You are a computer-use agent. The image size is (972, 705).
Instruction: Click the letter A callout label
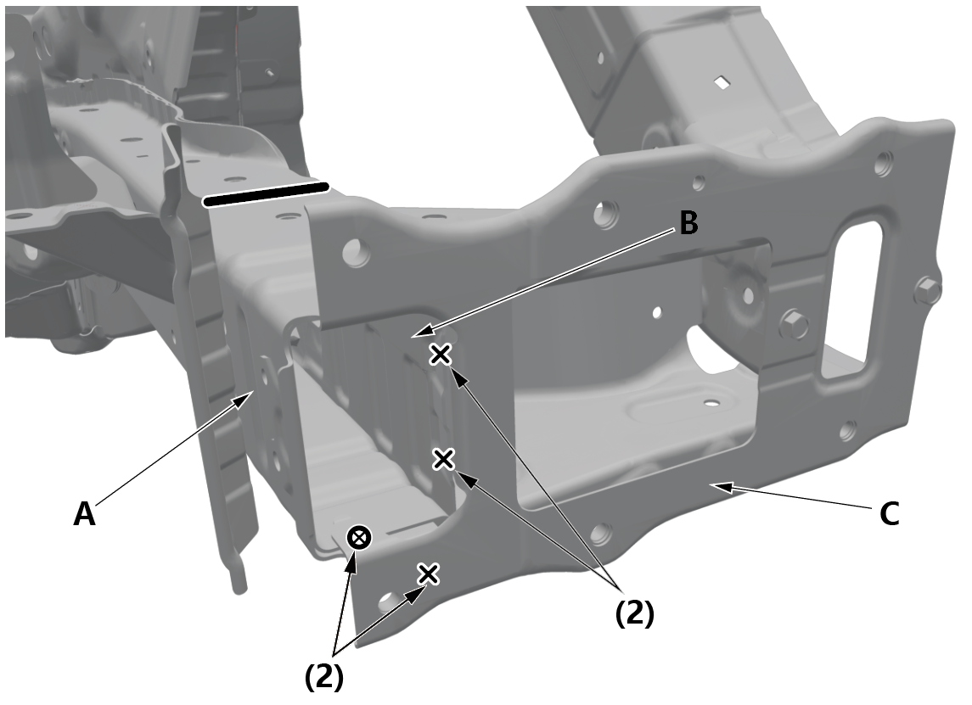tap(84, 513)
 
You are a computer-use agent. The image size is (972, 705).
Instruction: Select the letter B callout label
tap(688, 223)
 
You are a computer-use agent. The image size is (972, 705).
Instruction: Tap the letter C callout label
tap(890, 513)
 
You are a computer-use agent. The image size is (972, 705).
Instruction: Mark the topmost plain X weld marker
tap(440, 355)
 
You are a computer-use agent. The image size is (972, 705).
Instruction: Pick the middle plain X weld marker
tap(443, 459)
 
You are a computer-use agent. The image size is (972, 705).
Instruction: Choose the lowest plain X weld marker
tap(428, 574)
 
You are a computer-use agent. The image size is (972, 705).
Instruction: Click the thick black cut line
tap(266, 194)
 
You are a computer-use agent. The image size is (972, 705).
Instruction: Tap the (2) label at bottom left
tap(323, 676)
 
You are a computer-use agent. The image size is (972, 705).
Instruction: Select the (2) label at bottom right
tap(634, 613)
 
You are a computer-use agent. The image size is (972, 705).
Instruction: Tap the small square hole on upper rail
tap(722, 81)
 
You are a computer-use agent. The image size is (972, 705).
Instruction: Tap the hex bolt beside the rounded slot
tap(794, 322)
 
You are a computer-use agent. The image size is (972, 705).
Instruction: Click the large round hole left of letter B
tap(605, 215)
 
